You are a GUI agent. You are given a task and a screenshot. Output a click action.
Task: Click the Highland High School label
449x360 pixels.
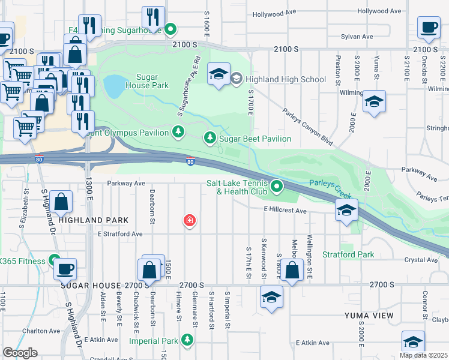(x=285, y=79)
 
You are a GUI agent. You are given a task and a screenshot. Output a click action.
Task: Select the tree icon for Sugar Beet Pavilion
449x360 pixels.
(x=209, y=139)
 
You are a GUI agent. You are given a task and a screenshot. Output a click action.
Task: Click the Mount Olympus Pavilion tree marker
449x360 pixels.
(x=178, y=131)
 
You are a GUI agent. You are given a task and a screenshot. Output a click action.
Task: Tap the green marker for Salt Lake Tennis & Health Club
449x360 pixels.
(x=277, y=187)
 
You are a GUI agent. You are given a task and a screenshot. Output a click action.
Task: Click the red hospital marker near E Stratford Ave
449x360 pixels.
(x=190, y=221)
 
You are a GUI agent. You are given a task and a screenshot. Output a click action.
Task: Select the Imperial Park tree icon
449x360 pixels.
(x=187, y=341)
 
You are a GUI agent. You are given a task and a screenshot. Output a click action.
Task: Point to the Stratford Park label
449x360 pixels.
(x=349, y=254)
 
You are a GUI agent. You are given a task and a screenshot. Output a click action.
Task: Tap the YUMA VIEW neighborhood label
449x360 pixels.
(x=369, y=316)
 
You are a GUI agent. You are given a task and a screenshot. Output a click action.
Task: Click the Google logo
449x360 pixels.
(x=20, y=353)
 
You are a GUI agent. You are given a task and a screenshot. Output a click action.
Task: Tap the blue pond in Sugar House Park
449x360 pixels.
(x=113, y=86)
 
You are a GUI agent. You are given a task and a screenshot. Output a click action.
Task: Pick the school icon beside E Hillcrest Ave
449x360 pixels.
(x=346, y=210)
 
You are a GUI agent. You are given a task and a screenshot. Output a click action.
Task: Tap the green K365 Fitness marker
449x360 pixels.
(x=55, y=261)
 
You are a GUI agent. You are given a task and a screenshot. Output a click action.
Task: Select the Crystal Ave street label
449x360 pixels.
(x=421, y=260)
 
